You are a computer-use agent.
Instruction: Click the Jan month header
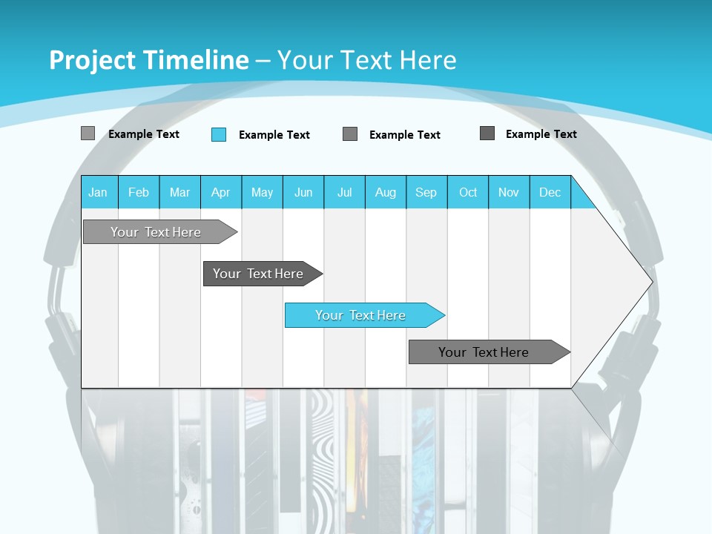tap(99, 192)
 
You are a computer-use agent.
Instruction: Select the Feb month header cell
tap(139, 192)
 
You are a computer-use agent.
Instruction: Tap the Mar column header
tap(179, 192)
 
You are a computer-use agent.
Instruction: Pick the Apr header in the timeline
tap(220, 192)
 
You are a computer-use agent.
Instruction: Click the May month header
tap(262, 192)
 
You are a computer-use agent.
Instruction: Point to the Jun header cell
tap(303, 192)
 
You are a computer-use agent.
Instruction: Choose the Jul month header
tap(344, 192)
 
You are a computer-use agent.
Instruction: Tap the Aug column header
tap(386, 192)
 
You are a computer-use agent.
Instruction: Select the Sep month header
tap(426, 192)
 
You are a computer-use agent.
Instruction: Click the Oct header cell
tap(468, 192)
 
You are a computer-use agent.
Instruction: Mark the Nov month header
tap(509, 192)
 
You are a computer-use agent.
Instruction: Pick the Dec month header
tap(550, 192)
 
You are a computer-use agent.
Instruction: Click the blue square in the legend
tap(219, 134)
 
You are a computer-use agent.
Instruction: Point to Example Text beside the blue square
tap(274, 135)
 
